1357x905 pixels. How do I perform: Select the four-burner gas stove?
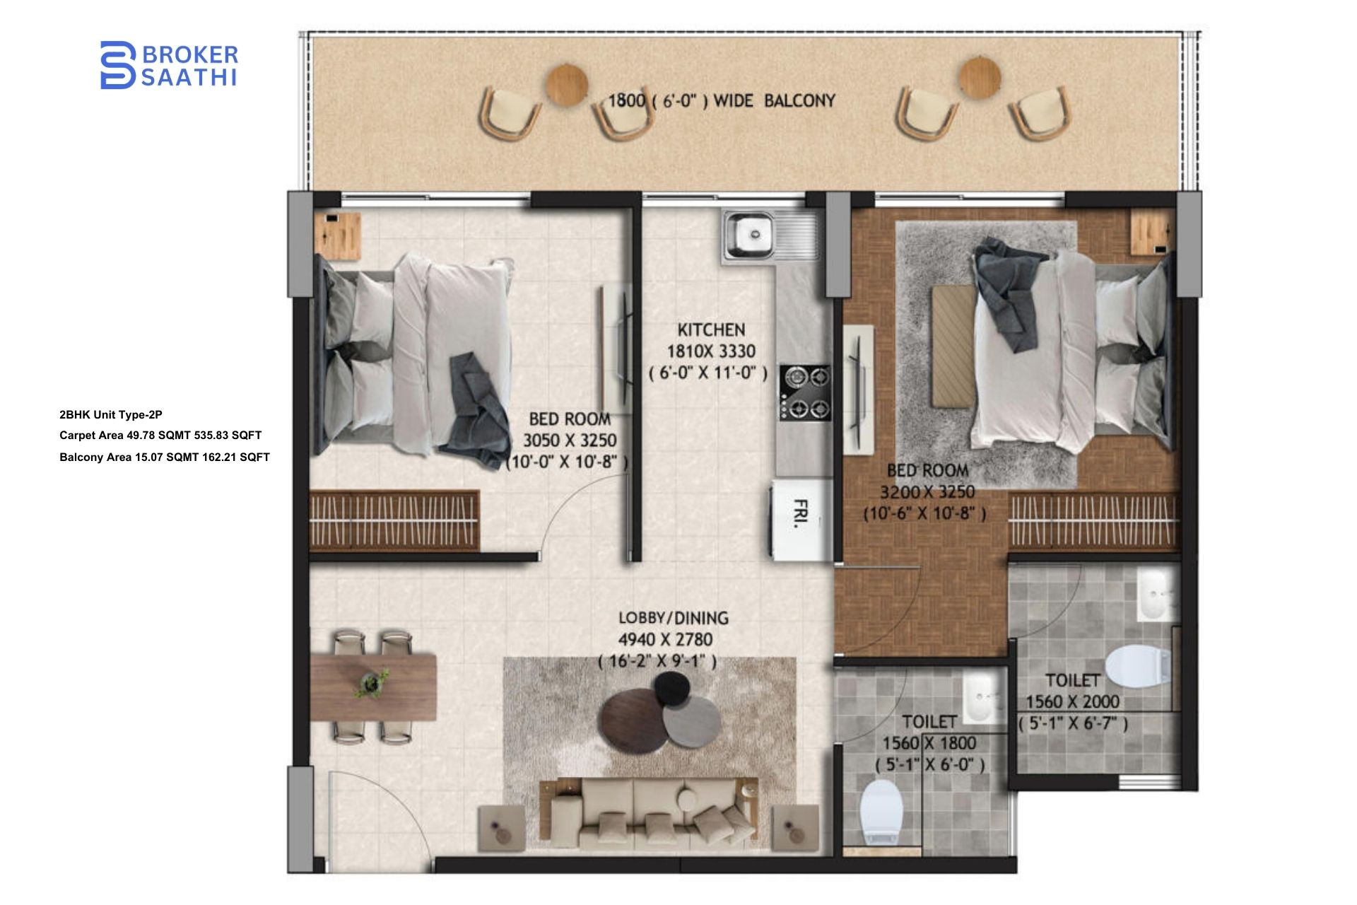point(805,392)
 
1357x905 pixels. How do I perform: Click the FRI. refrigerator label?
point(801,513)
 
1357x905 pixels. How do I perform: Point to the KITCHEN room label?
point(711,330)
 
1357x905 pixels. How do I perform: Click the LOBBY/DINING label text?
point(673,618)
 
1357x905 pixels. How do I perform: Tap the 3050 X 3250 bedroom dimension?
point(570,440)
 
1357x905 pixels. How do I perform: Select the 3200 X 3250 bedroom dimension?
point(927,492)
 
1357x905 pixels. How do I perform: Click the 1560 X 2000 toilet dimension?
point(1072,702)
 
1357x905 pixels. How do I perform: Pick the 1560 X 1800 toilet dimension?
point(929,744)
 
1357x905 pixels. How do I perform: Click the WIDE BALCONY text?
point(774,101)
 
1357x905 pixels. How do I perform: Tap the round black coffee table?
point(672,687)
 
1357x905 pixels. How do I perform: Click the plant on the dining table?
point(372,683)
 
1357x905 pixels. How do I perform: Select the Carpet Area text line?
point(160,436)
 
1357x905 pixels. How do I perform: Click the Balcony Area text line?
point(164,457)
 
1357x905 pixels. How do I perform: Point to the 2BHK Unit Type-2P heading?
point(111,415)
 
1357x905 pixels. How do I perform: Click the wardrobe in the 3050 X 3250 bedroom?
point(394,520)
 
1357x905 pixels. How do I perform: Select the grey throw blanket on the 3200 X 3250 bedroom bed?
point(1007,293)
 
